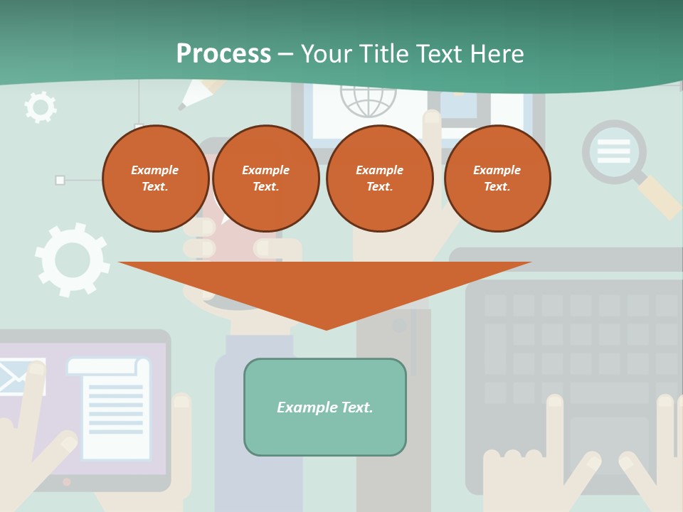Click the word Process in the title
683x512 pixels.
pos(223,54)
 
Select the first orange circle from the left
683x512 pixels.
pos(155,178)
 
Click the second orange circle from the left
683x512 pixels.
pos(266,178)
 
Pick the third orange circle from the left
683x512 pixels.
pos(380,178)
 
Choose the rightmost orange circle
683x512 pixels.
pos(497,178)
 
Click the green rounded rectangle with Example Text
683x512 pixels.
pos(325,407)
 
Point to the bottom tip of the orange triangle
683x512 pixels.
pos(326,328)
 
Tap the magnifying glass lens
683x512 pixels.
pos(614,151)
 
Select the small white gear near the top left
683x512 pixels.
pos(40,107)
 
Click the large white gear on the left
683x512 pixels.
pos(73,260)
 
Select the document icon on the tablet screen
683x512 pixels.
pos(111,408)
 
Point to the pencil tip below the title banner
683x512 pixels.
pos(183,107)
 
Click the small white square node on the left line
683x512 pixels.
pos(60,180)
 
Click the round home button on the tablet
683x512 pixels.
pos(67,481)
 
